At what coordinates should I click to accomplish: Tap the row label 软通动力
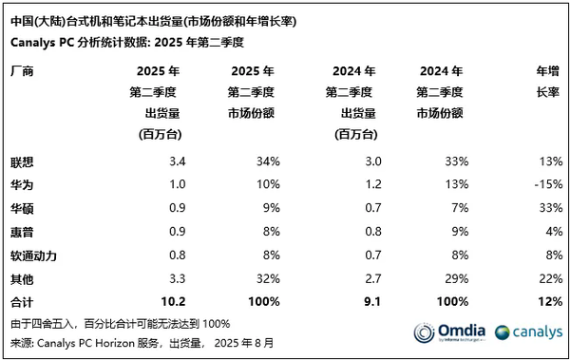(31, 255)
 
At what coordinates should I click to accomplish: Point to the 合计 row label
(20, 302)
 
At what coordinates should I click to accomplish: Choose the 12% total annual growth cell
(544, 302)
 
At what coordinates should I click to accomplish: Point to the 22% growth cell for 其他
(544, 278)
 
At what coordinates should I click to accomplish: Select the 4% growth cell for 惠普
(548, 230)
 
